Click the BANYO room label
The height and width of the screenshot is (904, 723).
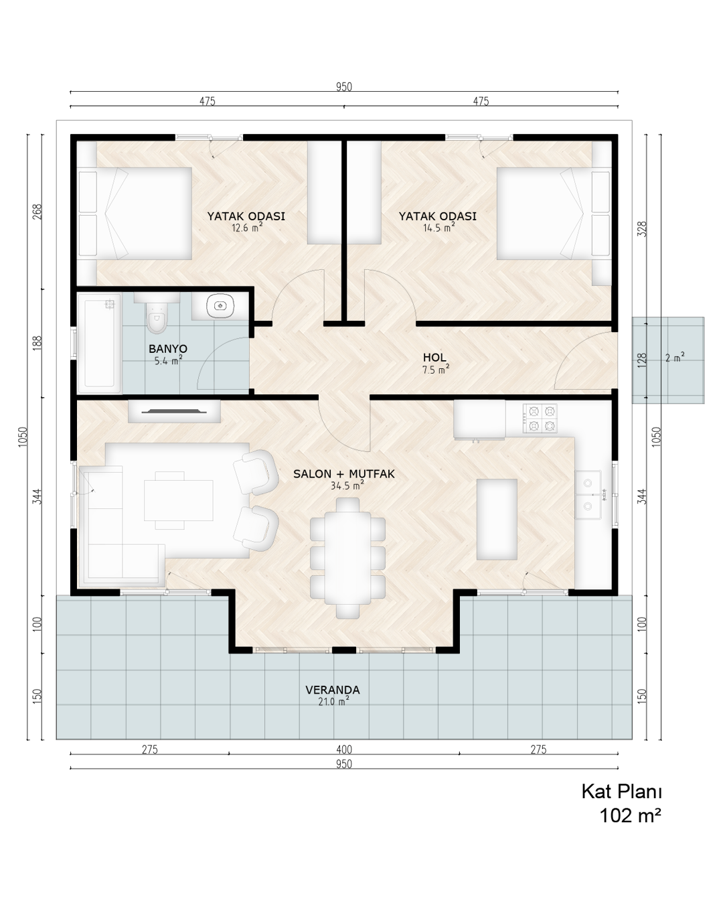point(168,348)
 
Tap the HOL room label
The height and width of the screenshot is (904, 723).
point(435,358)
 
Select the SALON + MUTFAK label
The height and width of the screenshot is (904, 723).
point(344,474)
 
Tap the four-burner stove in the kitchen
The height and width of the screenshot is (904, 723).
point(540,419)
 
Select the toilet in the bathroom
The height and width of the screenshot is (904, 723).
point(157,317)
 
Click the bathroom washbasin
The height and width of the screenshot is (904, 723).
point(220,305)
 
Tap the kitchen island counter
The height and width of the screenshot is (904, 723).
point(497,519)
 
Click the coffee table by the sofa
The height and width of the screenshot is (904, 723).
point(179,500)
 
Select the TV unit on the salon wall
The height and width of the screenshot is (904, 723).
point(174,411)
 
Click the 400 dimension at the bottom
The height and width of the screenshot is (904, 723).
point(344,749)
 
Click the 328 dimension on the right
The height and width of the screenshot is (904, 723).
point(642,229)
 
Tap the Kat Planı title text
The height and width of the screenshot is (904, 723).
point(622,792)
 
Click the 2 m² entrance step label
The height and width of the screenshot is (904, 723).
point(675,358)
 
